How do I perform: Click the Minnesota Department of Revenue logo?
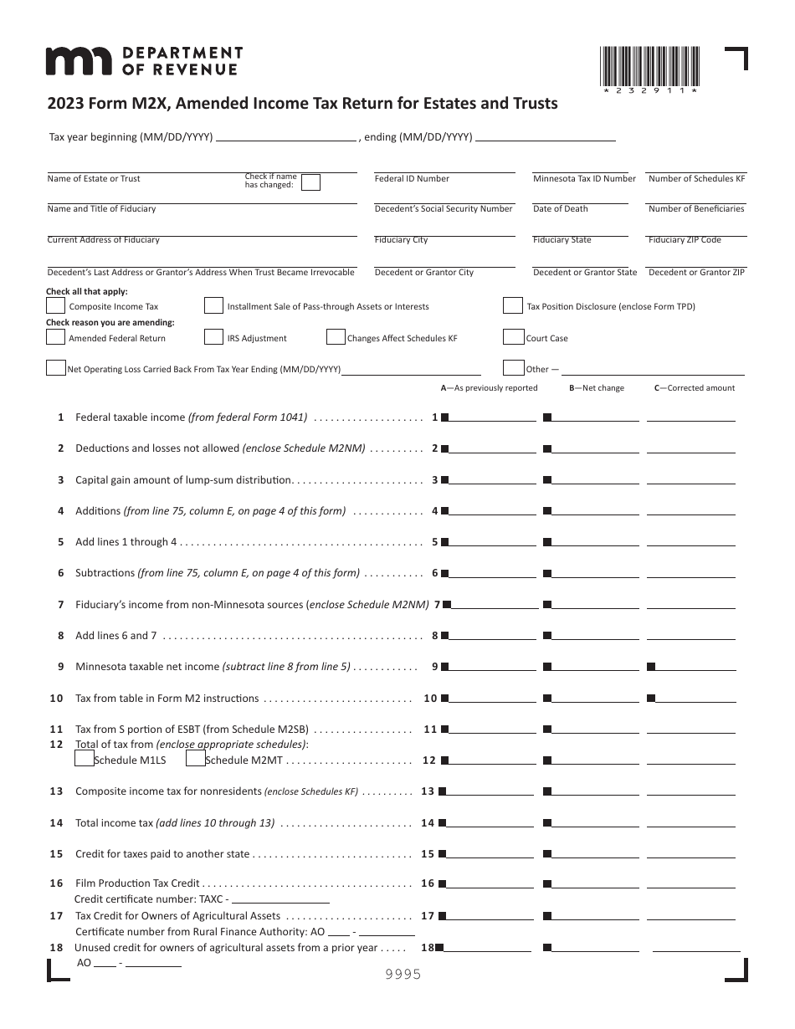pos(143,61)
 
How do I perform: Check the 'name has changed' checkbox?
pos(310,183)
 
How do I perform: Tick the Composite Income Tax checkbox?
pos(55,305)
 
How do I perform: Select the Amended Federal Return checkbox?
pos(55,337)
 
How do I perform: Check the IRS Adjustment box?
pos(213,337)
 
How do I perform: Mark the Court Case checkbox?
pos(513,337)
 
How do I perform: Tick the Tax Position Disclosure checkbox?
pos(513,305)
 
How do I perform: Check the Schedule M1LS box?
pos(84,759)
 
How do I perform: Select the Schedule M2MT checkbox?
pos(195,759)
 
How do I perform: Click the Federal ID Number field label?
pos(412,178)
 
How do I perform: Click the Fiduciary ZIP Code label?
pos(684,240)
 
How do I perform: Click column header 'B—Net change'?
pos(596,388)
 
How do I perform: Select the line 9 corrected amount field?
pos(699,666)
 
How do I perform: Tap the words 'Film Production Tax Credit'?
pos(137,883)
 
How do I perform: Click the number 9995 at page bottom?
pos(403,975)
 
